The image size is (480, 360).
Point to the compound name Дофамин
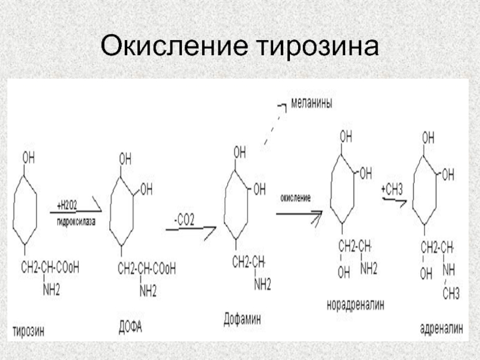pyautogui.click(x=242, y=319)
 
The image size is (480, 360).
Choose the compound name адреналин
pyautogui.click(x=441, y=328)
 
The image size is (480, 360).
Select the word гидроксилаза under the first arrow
pyautogui.click(x=76, y=220)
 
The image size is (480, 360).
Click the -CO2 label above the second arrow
pyautogui.click(x=184, y=220)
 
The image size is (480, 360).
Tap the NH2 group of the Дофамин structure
pyautogui.click(x=262, y=286)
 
